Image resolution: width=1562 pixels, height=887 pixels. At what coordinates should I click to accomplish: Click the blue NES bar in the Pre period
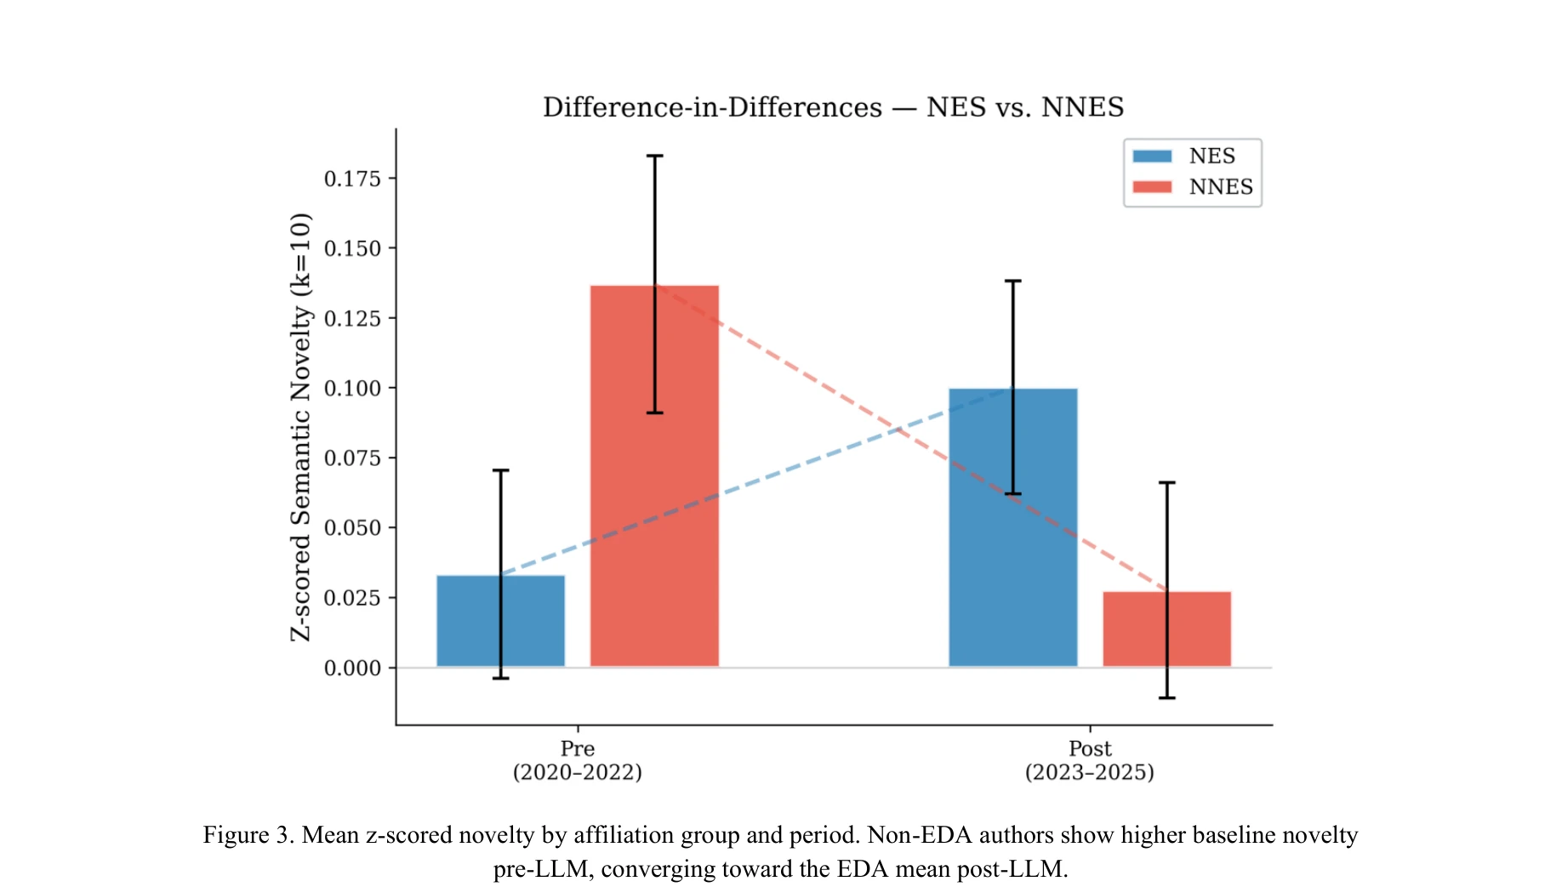[500, 621]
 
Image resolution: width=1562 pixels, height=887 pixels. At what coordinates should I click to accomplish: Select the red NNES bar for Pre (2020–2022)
[654, 476]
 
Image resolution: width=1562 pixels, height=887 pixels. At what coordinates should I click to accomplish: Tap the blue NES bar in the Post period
[1012, 527]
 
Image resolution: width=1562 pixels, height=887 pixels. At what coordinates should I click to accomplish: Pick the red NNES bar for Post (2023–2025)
[1166, 629]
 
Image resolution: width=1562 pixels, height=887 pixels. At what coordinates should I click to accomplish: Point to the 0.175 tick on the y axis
[352, 179]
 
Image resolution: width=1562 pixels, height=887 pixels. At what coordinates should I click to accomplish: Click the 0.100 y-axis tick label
[352, 389]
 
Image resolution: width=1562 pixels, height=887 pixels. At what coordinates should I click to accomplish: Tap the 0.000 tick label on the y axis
[352, 668]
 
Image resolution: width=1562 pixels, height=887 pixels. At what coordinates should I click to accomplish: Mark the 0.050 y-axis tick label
[352, 528]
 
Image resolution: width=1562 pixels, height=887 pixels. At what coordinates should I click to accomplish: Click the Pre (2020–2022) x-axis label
[577, 760]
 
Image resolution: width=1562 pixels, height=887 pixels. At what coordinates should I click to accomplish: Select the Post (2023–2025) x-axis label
[1089, 760]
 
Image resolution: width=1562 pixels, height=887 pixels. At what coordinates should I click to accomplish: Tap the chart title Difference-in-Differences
[713, 108]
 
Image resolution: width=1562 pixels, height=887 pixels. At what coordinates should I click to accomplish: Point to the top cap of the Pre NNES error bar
[654, 156]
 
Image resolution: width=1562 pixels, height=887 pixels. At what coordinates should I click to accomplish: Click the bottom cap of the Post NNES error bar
[1166, 698]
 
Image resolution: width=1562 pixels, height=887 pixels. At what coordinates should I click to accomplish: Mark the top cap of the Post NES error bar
[1012, 281]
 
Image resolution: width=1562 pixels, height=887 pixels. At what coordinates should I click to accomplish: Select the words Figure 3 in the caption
[248, 835]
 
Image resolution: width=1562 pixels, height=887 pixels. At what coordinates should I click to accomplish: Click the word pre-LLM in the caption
[542, 869]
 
